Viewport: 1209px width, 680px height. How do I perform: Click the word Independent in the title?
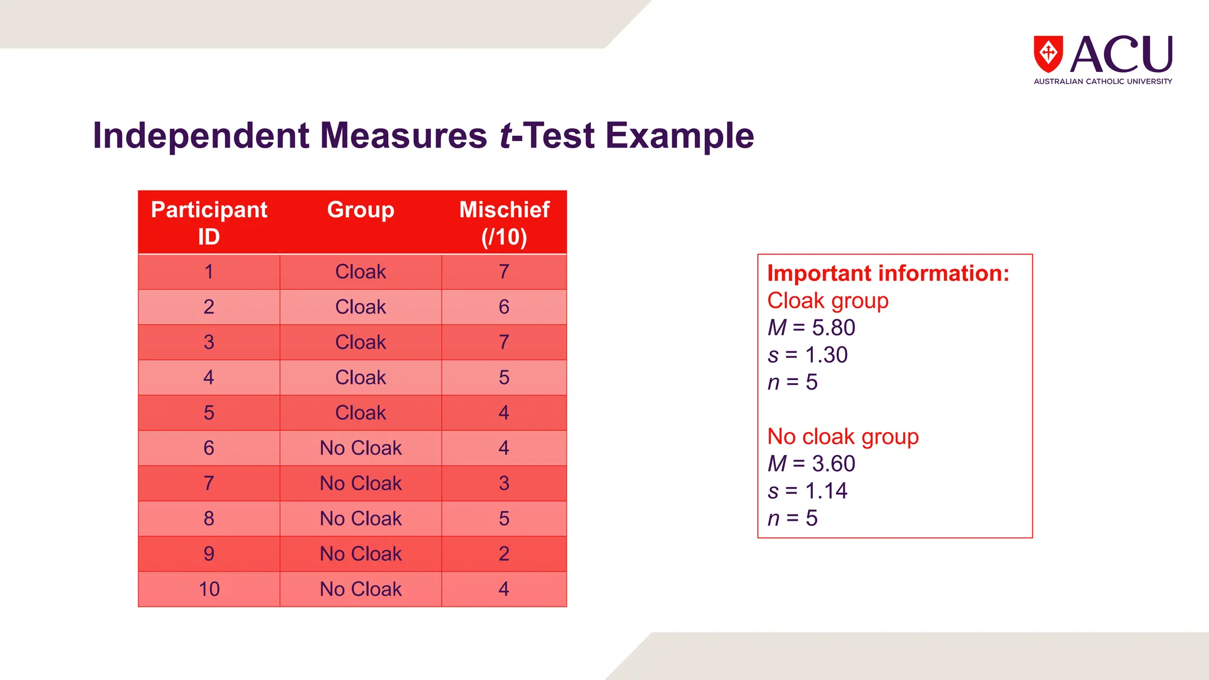201,136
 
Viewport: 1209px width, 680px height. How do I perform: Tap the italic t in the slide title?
506,136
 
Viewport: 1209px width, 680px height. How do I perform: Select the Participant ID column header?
209,223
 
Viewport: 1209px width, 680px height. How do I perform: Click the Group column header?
361,210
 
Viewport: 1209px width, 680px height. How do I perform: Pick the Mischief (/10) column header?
504,223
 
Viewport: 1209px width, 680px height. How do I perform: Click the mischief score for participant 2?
504,307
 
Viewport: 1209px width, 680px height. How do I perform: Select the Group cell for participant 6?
361,448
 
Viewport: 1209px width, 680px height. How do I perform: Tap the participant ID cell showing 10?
209,589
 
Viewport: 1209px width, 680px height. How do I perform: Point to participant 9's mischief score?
504,554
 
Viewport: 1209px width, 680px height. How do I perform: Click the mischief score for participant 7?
504,483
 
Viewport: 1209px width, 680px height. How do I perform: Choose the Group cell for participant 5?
361,413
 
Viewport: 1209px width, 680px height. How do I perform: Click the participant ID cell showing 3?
209,342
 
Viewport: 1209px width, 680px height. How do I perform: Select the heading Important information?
888,273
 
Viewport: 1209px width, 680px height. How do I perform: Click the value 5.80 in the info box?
833,328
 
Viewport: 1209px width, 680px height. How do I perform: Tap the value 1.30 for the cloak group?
826,355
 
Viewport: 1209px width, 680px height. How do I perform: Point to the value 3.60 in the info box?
833,464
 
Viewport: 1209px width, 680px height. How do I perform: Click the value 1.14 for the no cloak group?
826,491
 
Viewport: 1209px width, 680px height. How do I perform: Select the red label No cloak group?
842,437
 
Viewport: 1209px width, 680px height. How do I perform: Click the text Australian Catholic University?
1102,81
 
